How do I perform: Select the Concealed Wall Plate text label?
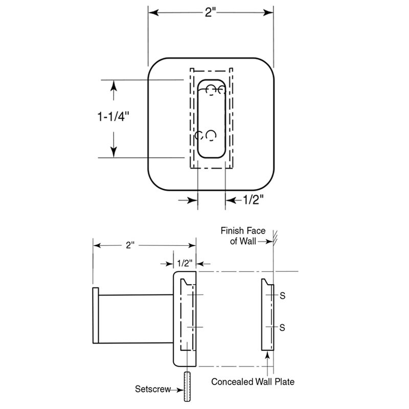pyautogui.click(x=253, y=381)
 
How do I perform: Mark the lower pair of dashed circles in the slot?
pyautogui.click(x=206, y=135)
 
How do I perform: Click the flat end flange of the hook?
pyautogui.click(x=95, y=315)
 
